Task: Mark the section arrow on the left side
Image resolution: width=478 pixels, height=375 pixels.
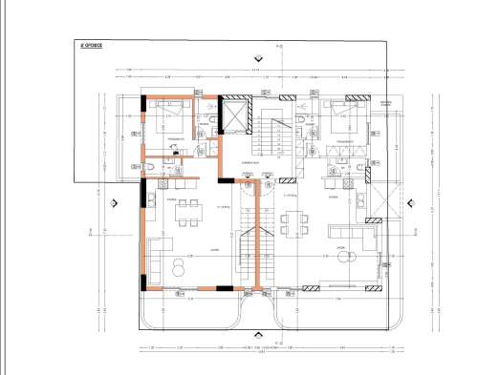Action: point(114,202)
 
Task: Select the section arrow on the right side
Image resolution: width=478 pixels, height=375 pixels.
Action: point(409,202)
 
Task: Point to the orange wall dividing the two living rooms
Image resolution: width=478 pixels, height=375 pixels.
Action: point(259,239)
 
